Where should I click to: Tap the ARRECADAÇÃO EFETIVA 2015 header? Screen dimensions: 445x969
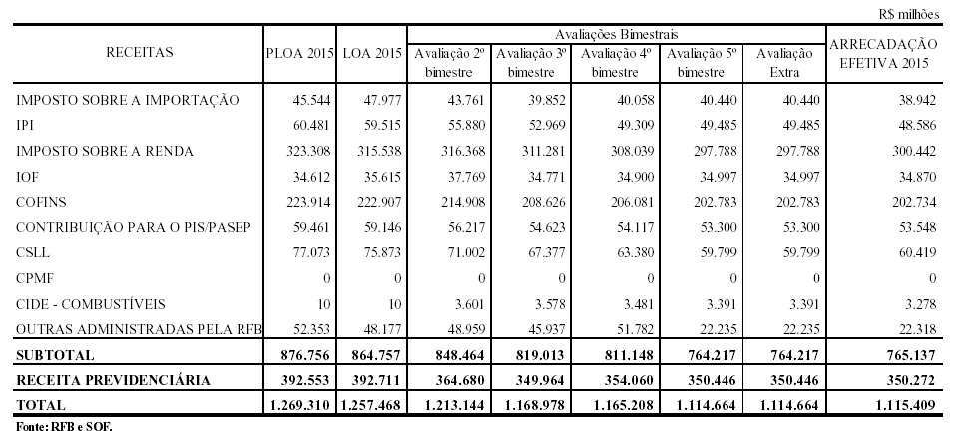pos(883,53)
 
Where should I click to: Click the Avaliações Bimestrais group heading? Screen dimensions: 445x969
pos(617,34)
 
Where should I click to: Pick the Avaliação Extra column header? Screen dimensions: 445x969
pos(784,62)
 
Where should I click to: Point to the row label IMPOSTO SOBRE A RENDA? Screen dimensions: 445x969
pos(105,151)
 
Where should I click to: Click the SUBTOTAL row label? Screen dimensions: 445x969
pos(56,354)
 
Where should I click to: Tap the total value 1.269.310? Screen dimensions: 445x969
pos(299,406)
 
